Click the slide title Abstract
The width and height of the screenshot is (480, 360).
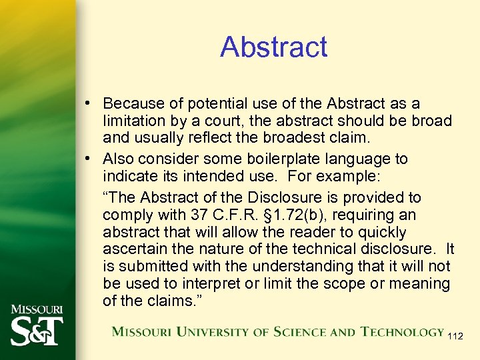[x=273, y=47]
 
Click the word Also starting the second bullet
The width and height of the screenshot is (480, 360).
[x=119, y=159]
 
